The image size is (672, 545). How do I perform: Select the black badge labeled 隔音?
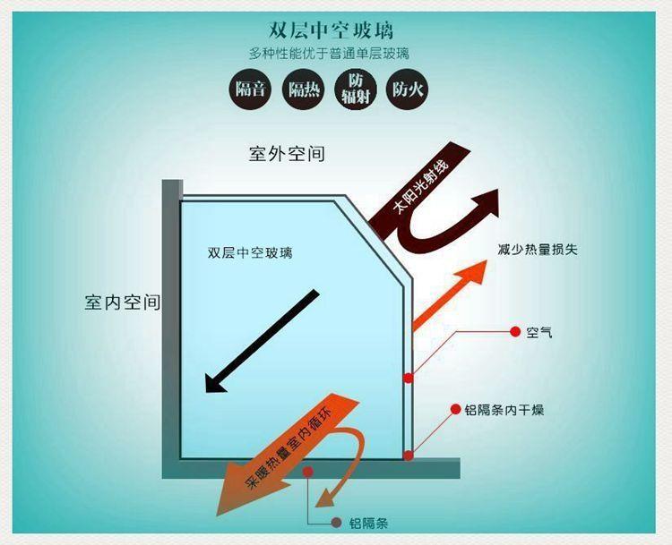[x=251, y=89]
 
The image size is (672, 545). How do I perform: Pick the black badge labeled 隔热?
[x=303, y=89]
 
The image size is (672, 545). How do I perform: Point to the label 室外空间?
[x=287, y=154]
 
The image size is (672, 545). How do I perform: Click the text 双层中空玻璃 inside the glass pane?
[x=250, y=252]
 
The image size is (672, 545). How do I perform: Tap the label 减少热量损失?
[x=538, y=249]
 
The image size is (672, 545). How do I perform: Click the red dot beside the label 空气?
[x=515, y=331]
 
